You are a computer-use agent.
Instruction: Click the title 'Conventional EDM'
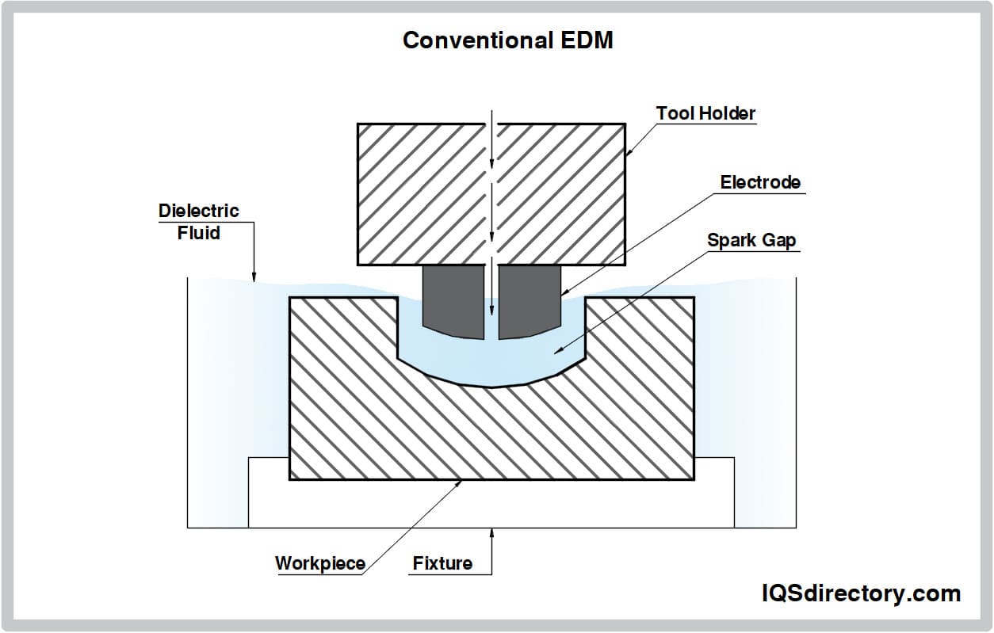tap(507, 40)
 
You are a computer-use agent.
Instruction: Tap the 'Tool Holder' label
tap(705, 113)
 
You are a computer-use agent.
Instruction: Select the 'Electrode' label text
tap(759, 182)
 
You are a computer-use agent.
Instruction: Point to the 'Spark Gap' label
tap(751, 240)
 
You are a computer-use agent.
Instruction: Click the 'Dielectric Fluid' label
tap(198, 222)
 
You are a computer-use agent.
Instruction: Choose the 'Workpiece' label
tap(320, 563)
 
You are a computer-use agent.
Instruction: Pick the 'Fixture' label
tap(442, 563)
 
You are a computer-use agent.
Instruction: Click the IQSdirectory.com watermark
tap(860, 593)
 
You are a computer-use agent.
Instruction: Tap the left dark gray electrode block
tap(453, 301)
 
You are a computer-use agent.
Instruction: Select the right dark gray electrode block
tap(529, 301)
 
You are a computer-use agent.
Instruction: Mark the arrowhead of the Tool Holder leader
tap(628, 151)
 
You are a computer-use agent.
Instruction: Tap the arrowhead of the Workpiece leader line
tap(462, 482)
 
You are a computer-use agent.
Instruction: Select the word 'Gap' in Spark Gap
tap(779, 240)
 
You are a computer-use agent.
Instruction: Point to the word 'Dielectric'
tap(198, 211)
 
